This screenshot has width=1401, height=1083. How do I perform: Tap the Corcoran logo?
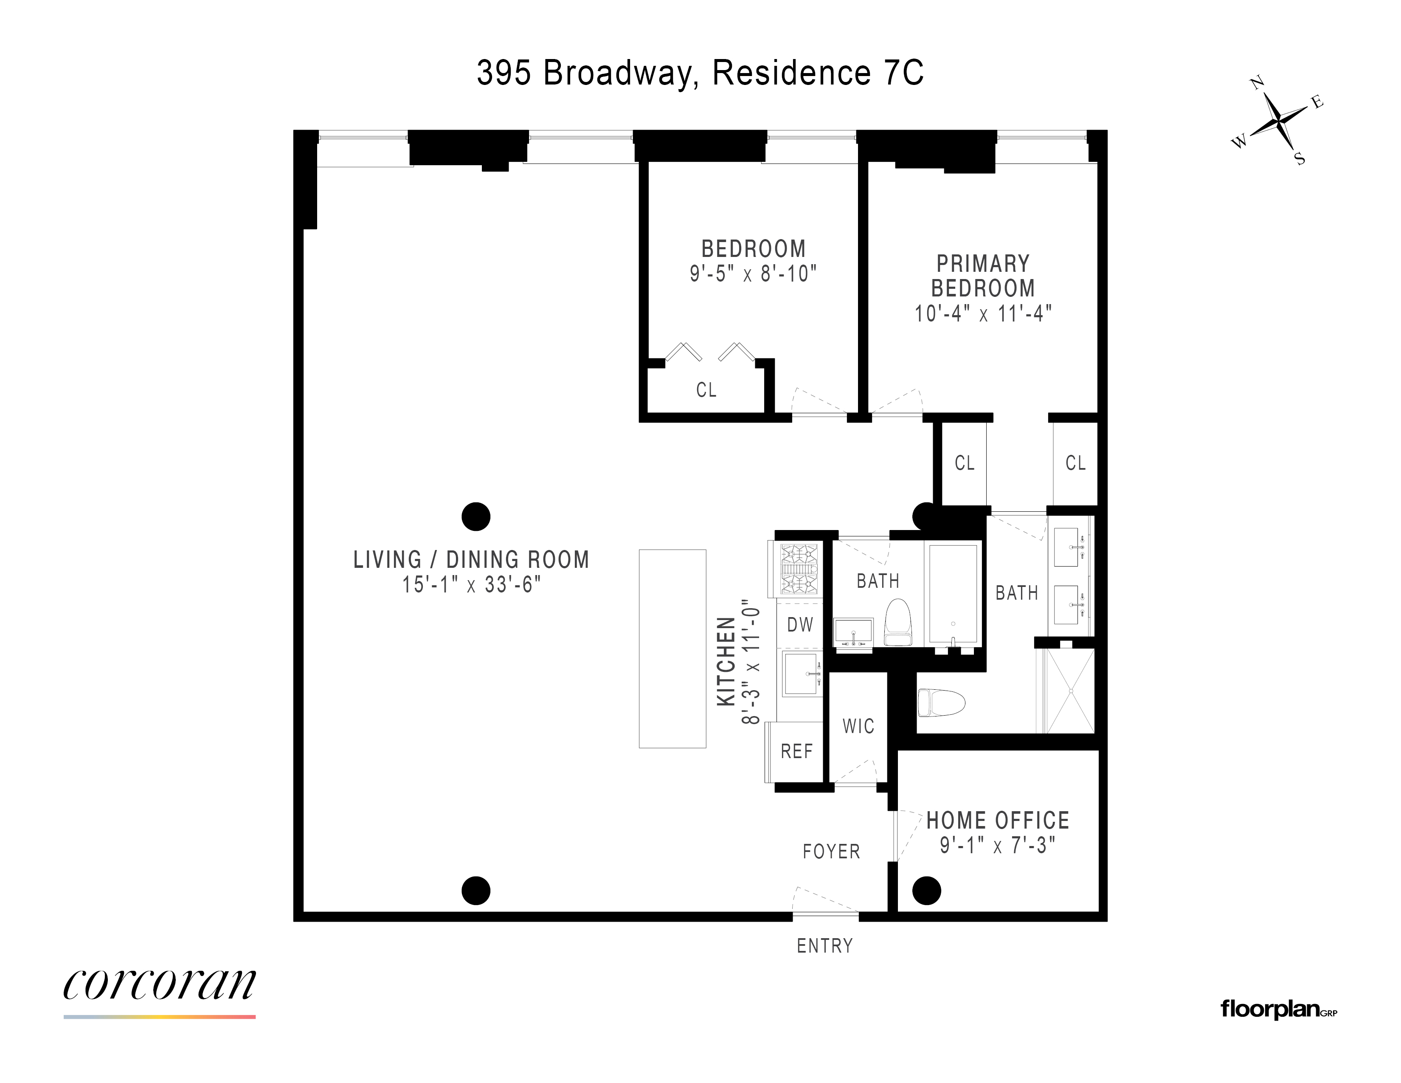click(x=160, y=985)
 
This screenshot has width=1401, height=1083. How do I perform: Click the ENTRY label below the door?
click(x=824, y=946)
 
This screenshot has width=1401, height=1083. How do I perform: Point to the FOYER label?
click(x=831, y=852)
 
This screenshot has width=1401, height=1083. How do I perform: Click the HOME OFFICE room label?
click(x=998, y=821)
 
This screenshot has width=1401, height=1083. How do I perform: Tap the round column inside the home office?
click(x=926, y=891)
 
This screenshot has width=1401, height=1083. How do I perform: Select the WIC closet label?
click(x=858, y=726)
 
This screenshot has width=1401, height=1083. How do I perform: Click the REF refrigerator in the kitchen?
click(x=796, y=751)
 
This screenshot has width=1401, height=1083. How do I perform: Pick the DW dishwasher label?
click(x=800, y=625)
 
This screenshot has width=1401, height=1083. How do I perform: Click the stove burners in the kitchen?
click(x=799, y=570)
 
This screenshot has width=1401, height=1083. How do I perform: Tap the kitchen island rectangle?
click(x=672, y=649)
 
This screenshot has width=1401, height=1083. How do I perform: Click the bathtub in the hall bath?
click(x=953, y=593)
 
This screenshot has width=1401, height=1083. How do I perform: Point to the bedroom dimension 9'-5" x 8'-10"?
click(x=753, y=274)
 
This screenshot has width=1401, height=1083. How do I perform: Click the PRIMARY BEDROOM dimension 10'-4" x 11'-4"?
click(x=983, y=314)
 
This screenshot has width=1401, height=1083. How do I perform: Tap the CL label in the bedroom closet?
click(x=706, y=390)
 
